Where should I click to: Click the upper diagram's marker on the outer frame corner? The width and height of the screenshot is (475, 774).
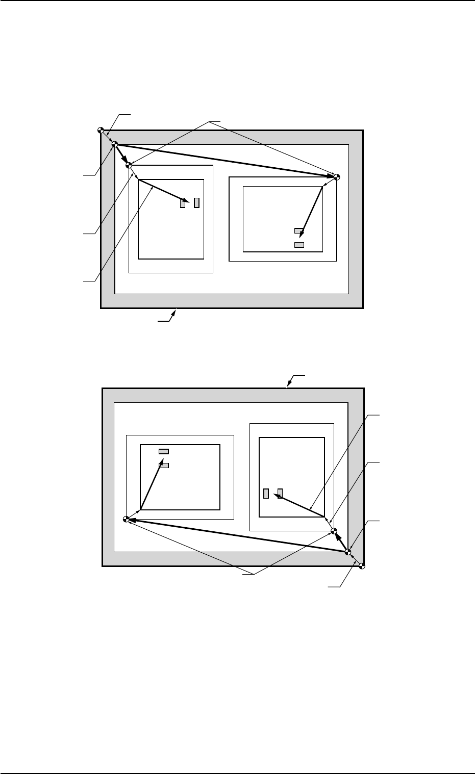pyautogui.click(x=101, y=130)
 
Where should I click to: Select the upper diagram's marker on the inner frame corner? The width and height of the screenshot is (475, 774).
pyautogui.click(x=115, y=144)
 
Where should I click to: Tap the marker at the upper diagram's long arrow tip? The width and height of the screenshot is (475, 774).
pyautogui.click(x=336, y=177)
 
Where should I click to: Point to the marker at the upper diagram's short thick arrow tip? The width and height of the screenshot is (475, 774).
pyautogui.click(x=129, y=166)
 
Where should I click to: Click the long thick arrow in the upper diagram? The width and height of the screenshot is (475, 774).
pyautogui.click(x=224, y=160)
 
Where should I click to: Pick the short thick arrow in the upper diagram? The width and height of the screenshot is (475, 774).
pyautogui.click(x=122, y=156)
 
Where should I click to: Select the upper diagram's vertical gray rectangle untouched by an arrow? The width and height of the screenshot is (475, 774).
pyautogui.click(x=196, y=201)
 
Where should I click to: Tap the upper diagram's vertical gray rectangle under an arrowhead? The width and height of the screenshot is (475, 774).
pyautogui.click(x=183, y=203)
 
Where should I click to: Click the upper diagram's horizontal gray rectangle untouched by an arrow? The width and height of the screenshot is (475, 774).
pyautogui.click(x=299, y=245)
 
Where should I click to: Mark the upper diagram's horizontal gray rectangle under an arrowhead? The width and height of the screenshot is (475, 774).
pyautogui.click(x=299, y=231)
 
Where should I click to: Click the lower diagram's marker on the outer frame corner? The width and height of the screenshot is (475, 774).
pyautogui.click(x=362, y=565)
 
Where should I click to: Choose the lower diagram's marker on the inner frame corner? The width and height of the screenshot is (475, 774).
pyautogui.click(x=348, y=551)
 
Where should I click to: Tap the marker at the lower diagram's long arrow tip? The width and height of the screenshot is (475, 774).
pyautogui.click(x=127, y=519)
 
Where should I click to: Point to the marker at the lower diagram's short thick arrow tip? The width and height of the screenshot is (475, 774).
pyautogui.click(x=335, y=530)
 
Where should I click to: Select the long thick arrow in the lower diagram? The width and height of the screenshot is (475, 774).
pyautogui.click(x=237, y=535)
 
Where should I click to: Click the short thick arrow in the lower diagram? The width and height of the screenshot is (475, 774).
pyautogui.click(x=341, y=541)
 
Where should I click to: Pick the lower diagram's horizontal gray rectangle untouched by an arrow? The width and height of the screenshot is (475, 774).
pyautogui.click(x=164, y=451)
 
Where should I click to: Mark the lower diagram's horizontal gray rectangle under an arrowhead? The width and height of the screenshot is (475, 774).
pyautogui.click(x=164, y=465)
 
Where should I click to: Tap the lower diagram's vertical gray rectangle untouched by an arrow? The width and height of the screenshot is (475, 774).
pyautogui.click(x=266, y=494)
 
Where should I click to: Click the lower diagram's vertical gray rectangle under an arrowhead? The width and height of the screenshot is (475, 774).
pyautogui.click(x=280, y=493)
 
